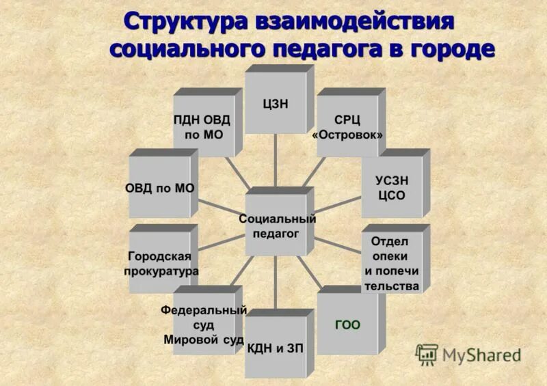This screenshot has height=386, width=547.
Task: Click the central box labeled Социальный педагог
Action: (x=277, y=226)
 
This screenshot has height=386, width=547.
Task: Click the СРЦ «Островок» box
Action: (x=347, y=126)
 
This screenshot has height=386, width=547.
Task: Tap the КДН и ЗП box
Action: (x=276, y=348)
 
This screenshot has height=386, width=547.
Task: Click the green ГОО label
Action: (x=347, y=324)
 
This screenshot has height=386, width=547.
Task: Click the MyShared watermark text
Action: (x=481, y=355)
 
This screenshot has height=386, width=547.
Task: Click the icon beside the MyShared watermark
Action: (x=427, y=354)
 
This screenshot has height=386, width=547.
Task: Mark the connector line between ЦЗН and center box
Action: (x=276, y=160)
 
